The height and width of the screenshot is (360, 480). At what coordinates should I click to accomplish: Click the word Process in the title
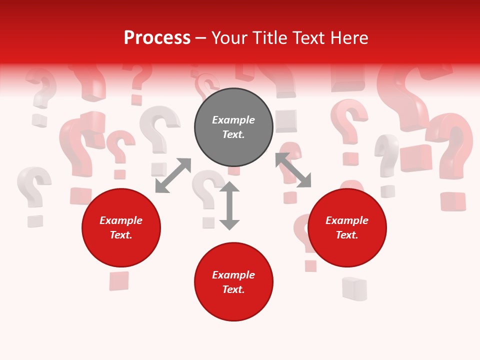point(157,38)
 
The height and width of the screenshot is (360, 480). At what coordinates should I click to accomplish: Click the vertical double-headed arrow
point(229,206)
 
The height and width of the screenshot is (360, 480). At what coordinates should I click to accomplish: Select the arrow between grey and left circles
point(173,175)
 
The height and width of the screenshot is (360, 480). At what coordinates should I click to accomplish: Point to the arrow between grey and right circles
point(293,170)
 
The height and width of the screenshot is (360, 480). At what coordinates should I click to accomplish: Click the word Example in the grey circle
point(233,120)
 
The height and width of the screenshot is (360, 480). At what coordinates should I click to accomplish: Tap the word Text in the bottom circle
point(233,289)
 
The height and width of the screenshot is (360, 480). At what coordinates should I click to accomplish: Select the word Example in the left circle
point(121,220)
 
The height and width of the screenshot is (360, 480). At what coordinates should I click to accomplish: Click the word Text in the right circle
point(347,235)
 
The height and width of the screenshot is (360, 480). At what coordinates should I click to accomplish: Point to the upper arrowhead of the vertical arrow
point(229,187)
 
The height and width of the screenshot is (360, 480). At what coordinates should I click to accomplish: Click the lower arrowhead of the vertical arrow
point(229,224)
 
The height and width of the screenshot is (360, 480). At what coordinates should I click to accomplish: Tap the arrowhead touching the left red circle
point(161,187)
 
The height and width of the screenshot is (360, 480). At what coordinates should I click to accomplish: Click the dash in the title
point(201,38)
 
